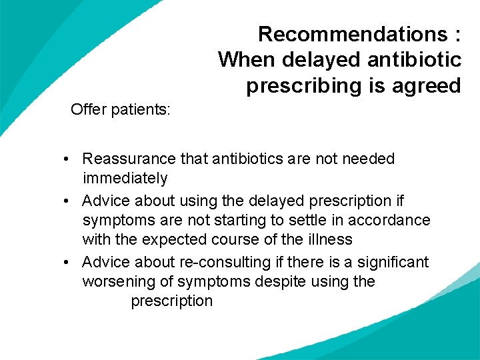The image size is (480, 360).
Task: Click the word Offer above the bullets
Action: pyautogui.click(x=89, y=109)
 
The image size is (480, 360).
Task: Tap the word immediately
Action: pyautogui.click(x=125, y=178)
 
